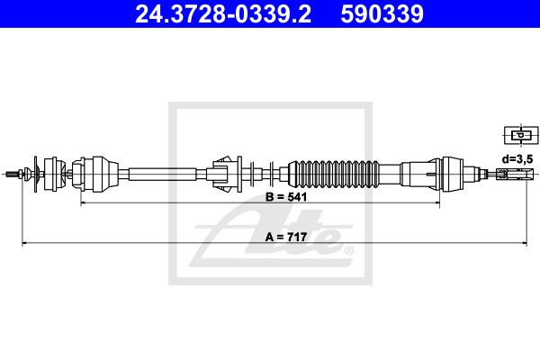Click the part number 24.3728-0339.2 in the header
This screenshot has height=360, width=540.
[223, 14]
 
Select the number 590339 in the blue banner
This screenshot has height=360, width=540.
[382, 14]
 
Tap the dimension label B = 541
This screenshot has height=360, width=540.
[286, 197]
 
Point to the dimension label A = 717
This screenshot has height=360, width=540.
[286, 237]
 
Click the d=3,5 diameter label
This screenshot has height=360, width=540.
[517, 159]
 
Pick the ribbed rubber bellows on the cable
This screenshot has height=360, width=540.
[333, 174]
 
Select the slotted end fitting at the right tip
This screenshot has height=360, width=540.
[515, 174]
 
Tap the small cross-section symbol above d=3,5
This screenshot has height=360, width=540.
[521, 135]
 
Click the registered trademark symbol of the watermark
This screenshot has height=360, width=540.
[348, 250]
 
